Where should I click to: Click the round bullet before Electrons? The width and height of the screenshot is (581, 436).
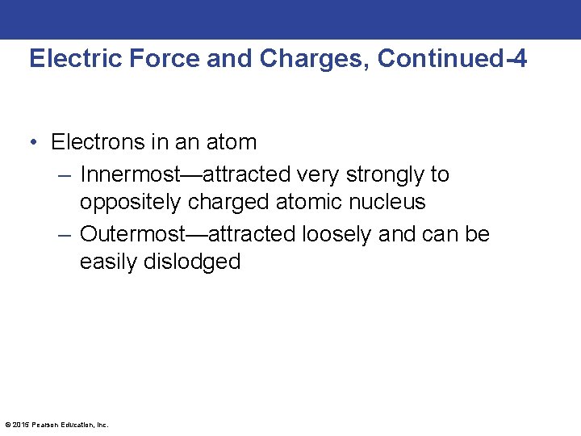[x=36, y=143]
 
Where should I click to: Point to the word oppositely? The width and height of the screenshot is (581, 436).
[x=130, y=202]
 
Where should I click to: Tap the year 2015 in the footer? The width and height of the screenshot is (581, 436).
[x=21, y=425]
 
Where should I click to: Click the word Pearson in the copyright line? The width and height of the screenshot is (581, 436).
[x=44, y=425]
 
